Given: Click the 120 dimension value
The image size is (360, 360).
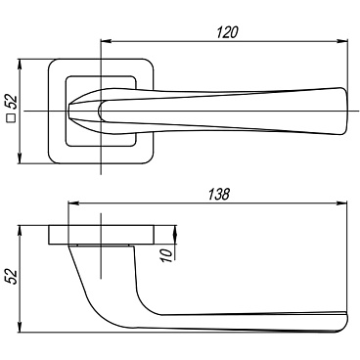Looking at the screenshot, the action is point(228,32).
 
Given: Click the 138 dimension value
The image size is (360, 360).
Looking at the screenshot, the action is point(219,195).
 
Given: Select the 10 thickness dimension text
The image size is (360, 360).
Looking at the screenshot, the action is point(166,255).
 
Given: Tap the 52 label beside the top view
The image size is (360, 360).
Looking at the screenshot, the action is point(12,102).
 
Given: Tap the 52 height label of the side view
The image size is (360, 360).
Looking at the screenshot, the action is point(12,277).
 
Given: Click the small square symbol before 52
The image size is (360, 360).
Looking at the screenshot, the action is point(12,118).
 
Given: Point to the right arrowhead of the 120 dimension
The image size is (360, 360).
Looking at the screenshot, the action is point(342,41).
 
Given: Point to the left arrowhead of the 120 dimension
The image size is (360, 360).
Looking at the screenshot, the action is point(106,41).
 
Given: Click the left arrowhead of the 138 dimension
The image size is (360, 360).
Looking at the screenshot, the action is point(72,203).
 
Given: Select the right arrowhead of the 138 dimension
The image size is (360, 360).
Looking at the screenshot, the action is point(342,203).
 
